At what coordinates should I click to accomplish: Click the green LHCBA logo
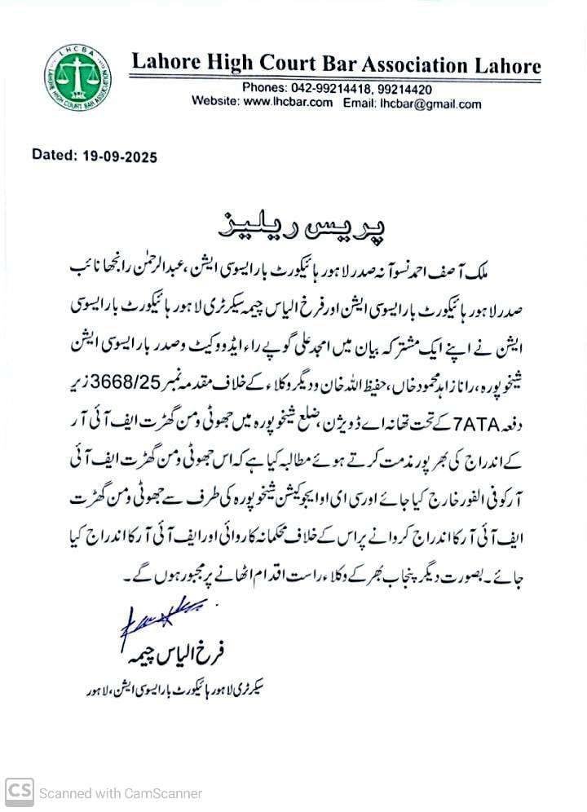[78, 77]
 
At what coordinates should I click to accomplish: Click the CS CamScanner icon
[20, 792]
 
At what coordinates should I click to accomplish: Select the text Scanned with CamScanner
[121, 792]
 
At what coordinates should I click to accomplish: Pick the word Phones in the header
[263, 89]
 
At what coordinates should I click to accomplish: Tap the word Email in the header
[359, 103]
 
